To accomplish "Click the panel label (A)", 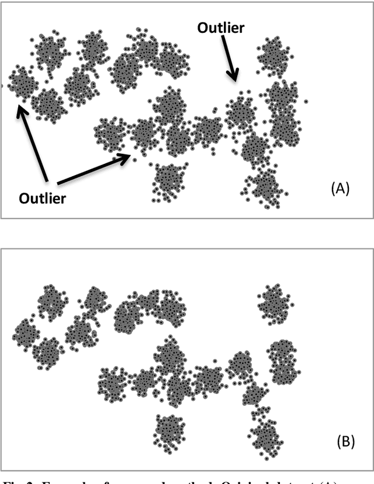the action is [x=340, y=188].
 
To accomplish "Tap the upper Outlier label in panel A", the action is [x=220, y=28].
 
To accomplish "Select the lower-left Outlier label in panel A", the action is [x=42, y=198].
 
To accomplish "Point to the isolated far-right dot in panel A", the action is [x=306, y=102].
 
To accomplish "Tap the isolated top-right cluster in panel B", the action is [x=275, y=303].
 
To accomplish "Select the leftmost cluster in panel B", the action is [x=26, y=333].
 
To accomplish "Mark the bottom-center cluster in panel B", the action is [x=170, y=431].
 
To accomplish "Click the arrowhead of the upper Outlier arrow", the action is [x=235, y=77].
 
